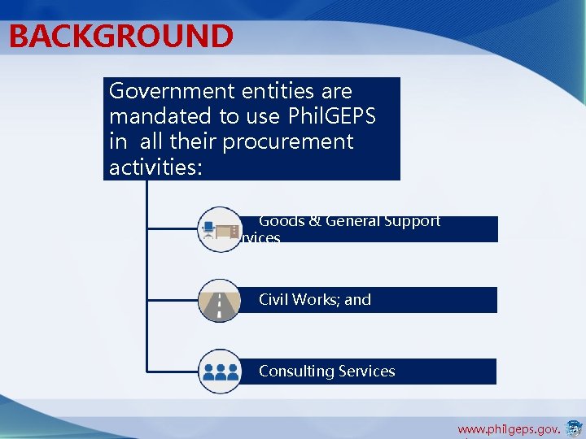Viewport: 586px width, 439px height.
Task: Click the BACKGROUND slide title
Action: click(121, 37)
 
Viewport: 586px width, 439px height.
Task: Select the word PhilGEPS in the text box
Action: click(333, 116)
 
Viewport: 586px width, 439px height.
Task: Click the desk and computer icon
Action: click(219, 229)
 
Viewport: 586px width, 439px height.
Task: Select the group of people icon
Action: click(219, 372)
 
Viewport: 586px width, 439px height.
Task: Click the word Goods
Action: click(282, 221)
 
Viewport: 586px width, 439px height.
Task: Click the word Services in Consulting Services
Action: click(365, 372)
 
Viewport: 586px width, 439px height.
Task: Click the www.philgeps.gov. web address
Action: click(509, 428)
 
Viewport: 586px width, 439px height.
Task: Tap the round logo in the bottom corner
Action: click(574, 428)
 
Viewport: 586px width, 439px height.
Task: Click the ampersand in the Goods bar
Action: click(314, 221)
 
